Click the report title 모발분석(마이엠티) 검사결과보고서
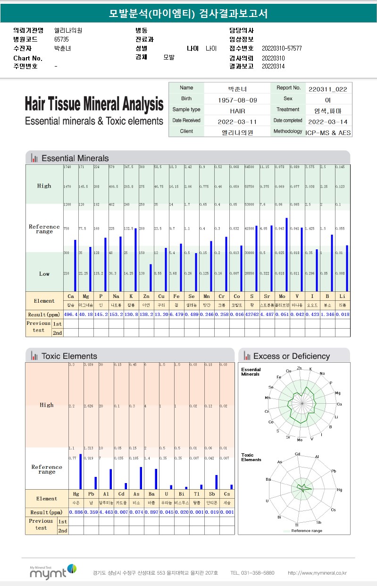pyautogui.click(x=188, y=14)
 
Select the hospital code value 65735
pyautogui.click(x=62, y=39)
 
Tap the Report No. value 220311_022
pyautogui.click(x=328, y=89)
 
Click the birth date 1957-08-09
pyautogui.click(x=237, y=100)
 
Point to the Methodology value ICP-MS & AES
pyautogui.click(x=328, y=133)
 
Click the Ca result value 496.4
pyautogui.click(x=70, y=314)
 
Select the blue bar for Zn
pyautogui.click(x=151, y=278)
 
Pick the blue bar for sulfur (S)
pyautogui.click(x=256, y=259)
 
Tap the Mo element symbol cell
pyautogui.click(x=282, y=296)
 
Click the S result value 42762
pyautogui.click(x=252, y=314)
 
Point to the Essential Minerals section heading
pyautogui.click(x=75, y=158)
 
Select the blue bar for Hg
pyautogui.click(x=80, y=471)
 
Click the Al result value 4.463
pyautogui.click(x=106, y=512)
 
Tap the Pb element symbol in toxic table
pyautogui.click(x=91, y=494)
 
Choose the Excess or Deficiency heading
pyautogui.click(x=291, y=356)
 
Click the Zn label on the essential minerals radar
pyautogui.click(x=300, y=367)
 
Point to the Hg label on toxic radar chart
pyautogui.click(x=339, y=490)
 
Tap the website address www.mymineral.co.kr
pyautogui.click(x=317, y=573)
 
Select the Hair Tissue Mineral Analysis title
pyautogui.click(x=94, y=104)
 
